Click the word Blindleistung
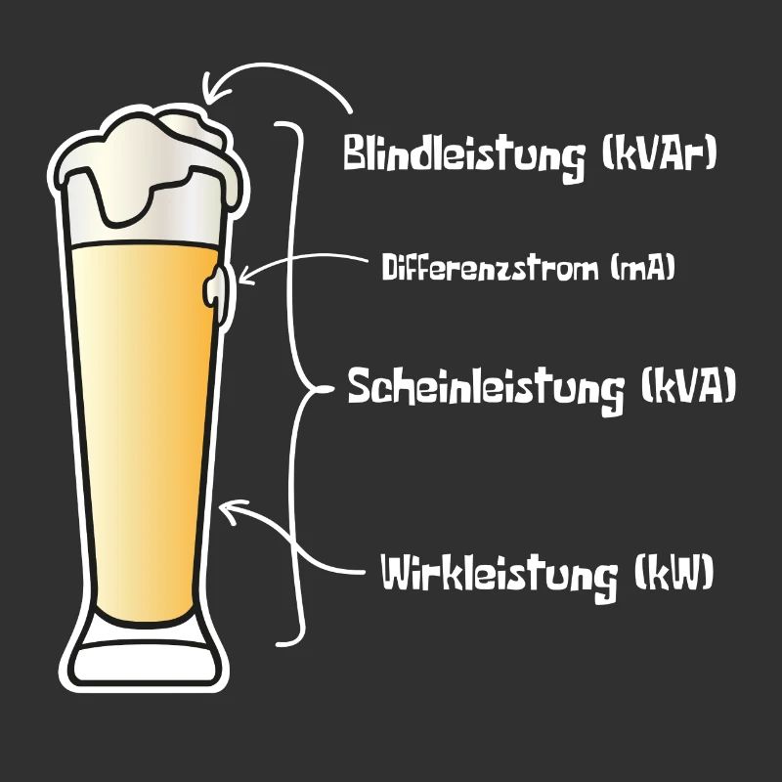coord(463,155)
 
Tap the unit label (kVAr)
coord(659,152)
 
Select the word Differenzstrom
coord(490,267)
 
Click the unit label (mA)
coord(642,267)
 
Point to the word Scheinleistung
coord(486,389)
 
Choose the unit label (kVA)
coord(688,385)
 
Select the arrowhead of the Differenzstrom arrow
coord(246,276)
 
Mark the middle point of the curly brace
coord(326,389)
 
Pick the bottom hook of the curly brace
coord(288,642)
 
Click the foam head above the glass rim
coord(150,169)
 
